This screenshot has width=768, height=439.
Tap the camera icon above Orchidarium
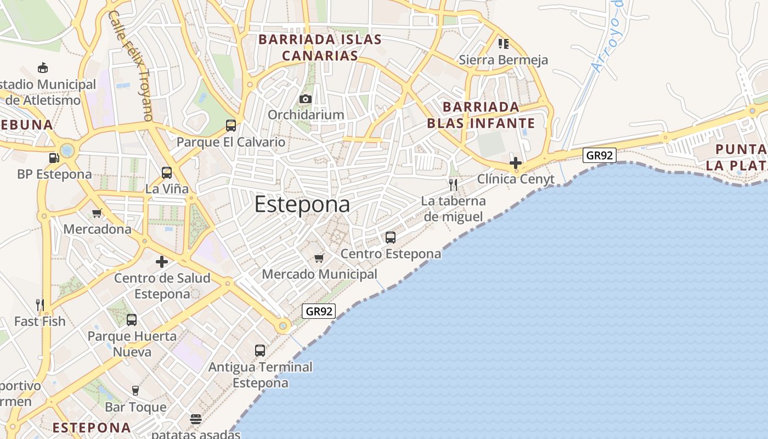(x=306, y=99)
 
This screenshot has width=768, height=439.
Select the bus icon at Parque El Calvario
(x=231, y=126)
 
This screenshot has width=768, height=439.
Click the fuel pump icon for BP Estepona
(x=54, y=158)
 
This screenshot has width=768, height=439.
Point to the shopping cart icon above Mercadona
(x=97, y=213)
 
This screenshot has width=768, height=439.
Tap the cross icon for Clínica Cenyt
(x=515, y=163)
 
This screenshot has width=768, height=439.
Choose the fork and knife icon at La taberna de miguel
(x=453, y=184)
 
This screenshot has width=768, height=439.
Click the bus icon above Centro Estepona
(x=391, y=238)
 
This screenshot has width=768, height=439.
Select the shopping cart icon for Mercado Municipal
(x=319, y=258)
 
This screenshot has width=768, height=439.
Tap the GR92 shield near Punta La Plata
(x=600, y=155)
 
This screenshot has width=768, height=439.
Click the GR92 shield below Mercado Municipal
(x=319, y=311)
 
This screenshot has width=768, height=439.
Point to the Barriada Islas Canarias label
(x=320, y=48)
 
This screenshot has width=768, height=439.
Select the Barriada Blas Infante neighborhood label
(x=473, y=115)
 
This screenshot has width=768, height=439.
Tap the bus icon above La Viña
(x=167, y=173)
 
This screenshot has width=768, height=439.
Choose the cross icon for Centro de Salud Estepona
(x=162, y=262)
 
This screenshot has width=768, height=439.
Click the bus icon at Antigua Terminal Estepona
(x=260, y=351)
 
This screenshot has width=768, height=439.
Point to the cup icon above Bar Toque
(x=135, y=390)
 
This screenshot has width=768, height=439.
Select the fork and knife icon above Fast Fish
(x=39, y=305)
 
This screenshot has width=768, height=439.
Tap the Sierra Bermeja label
(x=503, y=60)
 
